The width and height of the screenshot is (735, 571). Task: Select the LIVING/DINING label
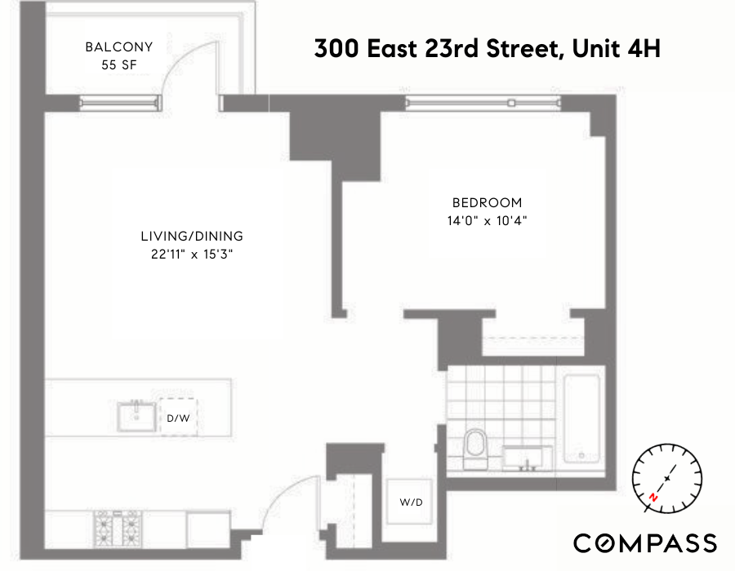point(192,237)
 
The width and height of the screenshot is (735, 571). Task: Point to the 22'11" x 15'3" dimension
point(192,254)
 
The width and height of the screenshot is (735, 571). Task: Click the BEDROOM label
point(487,203)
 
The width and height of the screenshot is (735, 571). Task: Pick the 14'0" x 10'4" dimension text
point(487,220)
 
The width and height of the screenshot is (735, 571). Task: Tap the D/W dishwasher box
point(178,418)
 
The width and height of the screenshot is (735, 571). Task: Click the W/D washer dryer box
point(411,502)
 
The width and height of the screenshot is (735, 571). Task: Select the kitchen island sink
point(136,416)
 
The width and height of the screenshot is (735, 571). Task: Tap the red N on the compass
point(653,496)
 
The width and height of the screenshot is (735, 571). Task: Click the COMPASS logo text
point(645,543)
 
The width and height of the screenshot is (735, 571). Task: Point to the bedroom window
point(483,104)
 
